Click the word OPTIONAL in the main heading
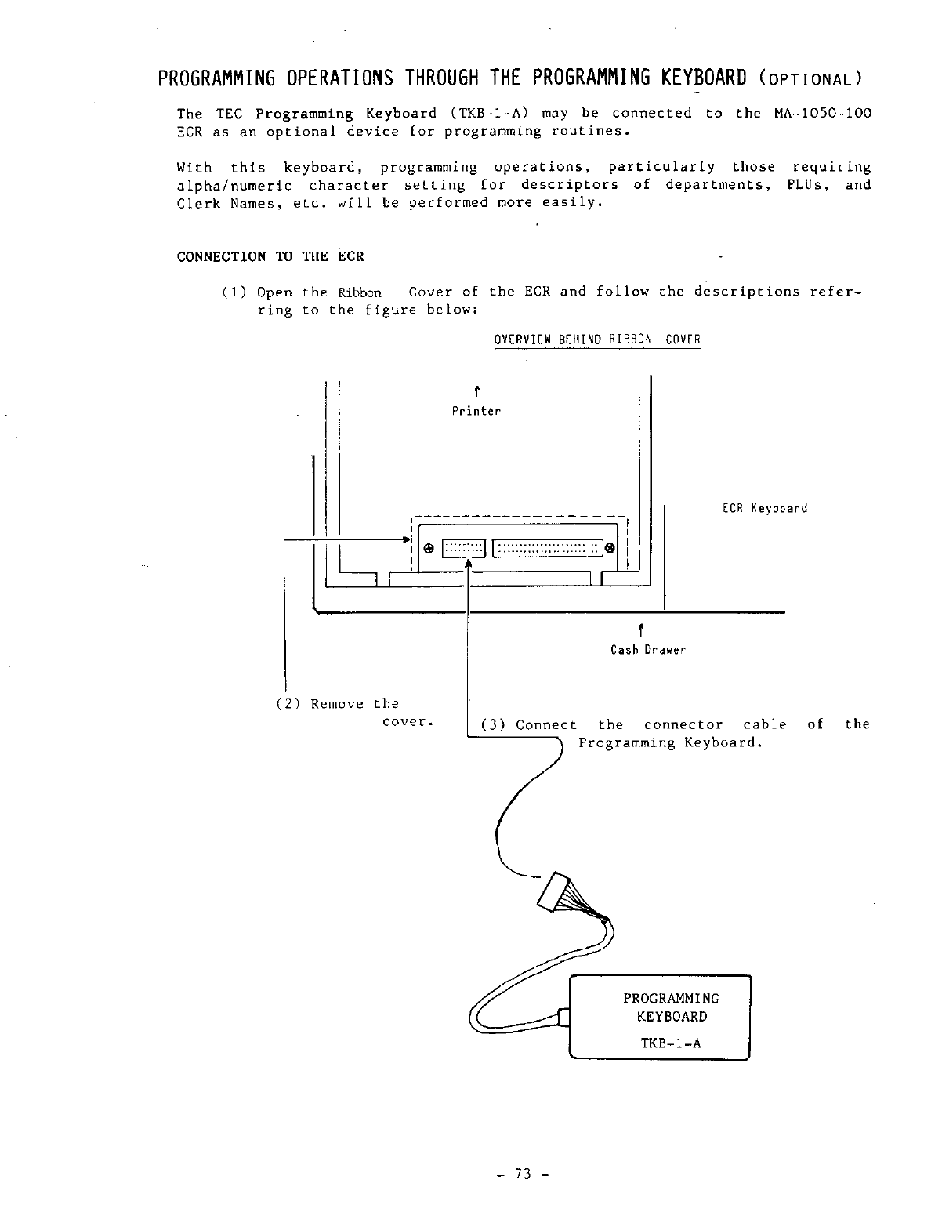coord(811,79)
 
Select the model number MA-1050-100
coord(822,113)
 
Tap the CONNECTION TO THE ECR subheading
coord(270,257)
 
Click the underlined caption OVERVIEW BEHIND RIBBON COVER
coord(597,339)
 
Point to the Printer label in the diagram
coord(476,411)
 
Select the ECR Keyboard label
coord(764,508)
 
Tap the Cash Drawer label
coord(648,650)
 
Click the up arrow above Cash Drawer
coord(641,629)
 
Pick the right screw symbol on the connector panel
coord(610,548)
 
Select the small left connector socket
coord(464,548)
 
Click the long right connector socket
coord(547,548)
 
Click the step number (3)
coord(493,725)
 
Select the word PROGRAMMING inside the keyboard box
coord(671,999)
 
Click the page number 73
coord(523,1174)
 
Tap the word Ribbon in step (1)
coord(360,292)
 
